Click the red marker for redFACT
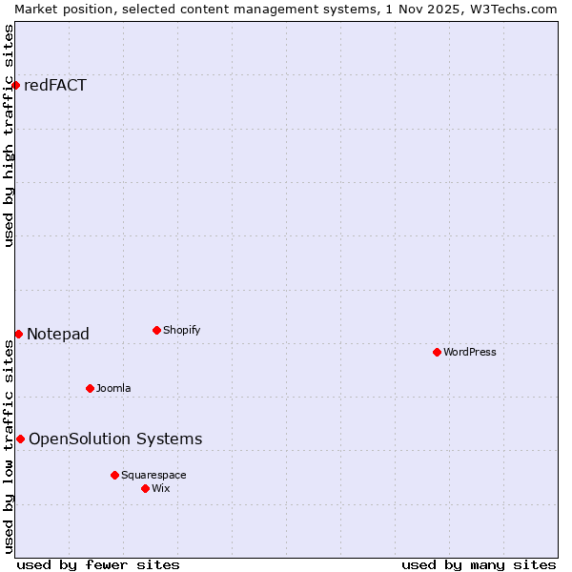coord(15,86)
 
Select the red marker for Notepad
coord(18,334)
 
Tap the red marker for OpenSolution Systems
coord(20,439)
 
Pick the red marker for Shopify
coord(156,330)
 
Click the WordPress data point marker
coord(437,352)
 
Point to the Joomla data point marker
coord(90,388)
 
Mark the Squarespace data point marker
coord(114,475)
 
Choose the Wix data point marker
coord(145,488)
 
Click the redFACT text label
coord(55,86)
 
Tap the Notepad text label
coord(58,334)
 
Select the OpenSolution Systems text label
coord(115,439)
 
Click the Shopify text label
coord(181,330)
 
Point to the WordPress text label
coord(470,352)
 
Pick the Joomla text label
coord(113,388)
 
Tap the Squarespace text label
coord(153,475)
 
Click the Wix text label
coord(161,488)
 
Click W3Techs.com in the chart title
coord(512,9)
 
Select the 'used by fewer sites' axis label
coord(98,564)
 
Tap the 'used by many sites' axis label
coord(479,564)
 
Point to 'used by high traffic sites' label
coord(10,135)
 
